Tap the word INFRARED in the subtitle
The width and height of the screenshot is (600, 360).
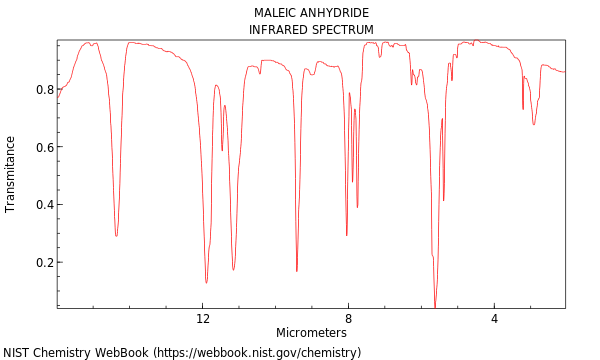pyautogui.click(x=278, y=30)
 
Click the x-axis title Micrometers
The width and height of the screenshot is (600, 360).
pyautogui.click(x=311, y=333)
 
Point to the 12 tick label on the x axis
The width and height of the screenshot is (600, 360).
pyautogui.click(x=203, y=319)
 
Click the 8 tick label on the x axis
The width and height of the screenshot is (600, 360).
pyautogui.click(x=348, y=319)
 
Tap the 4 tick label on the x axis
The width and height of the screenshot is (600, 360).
pyautogui.click(x=494, y=319)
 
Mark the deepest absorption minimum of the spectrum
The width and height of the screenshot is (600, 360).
pyautogui.click(x=435, y=305)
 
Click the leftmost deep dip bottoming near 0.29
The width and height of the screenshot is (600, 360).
pyautogui.click(x=116, y=235)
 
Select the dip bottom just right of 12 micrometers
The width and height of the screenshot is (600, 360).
pyautogui.click(x=207, y=282)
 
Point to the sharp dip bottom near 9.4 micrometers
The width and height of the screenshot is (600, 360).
pyautogui.click(x=297, y=270)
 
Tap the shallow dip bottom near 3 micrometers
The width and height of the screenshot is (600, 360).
pyautogui.click(x=534, y=124)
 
